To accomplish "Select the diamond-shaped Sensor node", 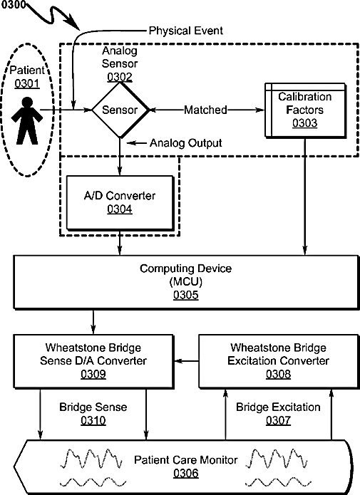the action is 120,110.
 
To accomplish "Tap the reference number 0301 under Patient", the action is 27,83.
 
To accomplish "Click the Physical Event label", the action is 186,31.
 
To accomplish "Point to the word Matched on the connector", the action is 205,110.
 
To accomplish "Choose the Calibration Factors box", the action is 305,110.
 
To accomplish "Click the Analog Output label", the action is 186,143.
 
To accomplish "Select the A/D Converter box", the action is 120,203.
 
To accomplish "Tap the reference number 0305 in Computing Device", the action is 186,295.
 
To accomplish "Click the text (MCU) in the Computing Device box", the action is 186,281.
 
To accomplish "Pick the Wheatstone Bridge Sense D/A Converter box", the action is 93,362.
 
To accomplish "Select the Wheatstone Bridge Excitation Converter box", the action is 279,362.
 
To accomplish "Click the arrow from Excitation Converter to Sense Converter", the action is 187,361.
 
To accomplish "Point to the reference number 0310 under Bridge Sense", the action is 93,420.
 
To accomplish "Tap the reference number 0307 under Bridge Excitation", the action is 278,420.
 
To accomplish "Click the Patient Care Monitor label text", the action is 186,460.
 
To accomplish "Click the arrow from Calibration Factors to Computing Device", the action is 304,197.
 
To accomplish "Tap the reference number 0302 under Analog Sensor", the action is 120,77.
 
